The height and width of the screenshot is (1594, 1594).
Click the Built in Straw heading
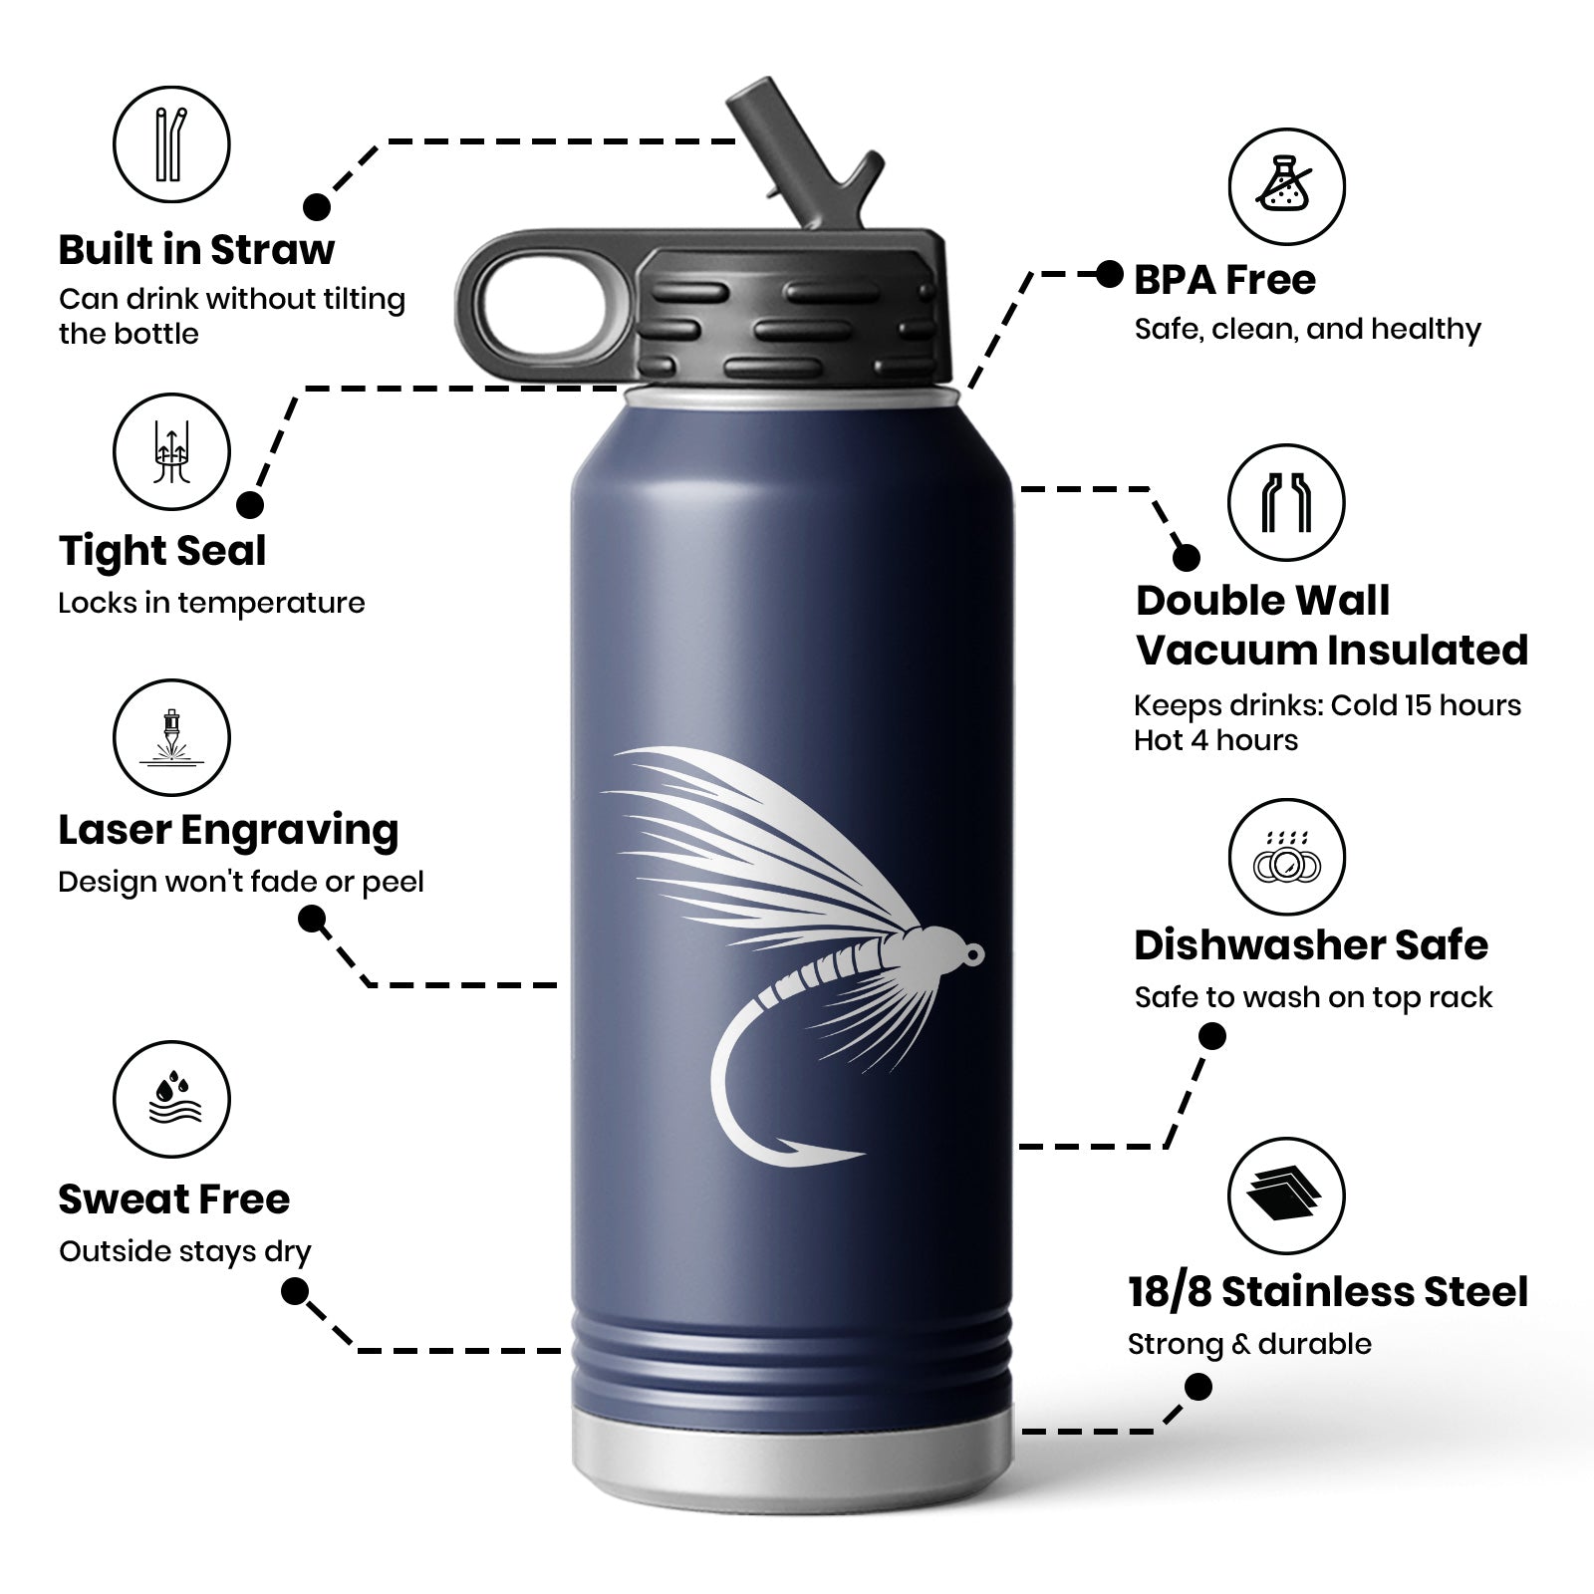(x=196, y=250)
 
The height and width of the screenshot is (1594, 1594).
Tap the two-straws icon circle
(x=171, y=143)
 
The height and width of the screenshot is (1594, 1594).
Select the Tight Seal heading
(x=162, y=551)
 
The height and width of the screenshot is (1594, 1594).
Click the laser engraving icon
(x=171, y=738)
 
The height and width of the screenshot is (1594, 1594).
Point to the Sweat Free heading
(x=174, y=1199)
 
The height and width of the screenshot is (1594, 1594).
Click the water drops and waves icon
(x=171, y=1100)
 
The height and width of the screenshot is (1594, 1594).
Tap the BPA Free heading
(x=1225, y=280)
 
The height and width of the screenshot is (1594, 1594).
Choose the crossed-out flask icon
(x=1286, y=186)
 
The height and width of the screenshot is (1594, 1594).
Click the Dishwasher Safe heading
(x=1311, y=945)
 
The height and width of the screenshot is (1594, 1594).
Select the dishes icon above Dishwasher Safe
(x=1286, y=858)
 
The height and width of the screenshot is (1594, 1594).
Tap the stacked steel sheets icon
(x=1286, y=1196)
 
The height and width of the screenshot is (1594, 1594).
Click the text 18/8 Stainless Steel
(x=1328, y=1292)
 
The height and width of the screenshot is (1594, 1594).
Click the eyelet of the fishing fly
(x=973, y=953)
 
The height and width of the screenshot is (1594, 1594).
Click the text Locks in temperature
(x=211, y=603)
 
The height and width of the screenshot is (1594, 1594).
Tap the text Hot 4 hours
(x=1215, y=740)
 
